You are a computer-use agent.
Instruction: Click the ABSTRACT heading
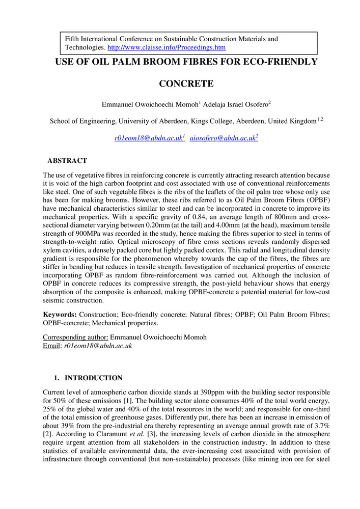click(67, 161)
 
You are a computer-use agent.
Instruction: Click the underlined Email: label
click(51, 346)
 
